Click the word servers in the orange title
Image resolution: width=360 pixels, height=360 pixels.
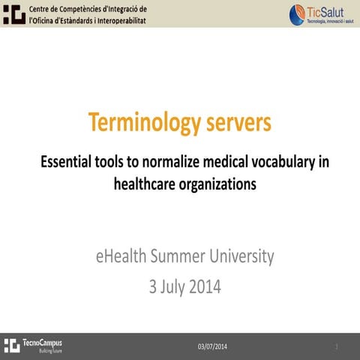coord(234,122)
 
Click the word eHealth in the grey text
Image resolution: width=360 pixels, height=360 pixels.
coord(121,256)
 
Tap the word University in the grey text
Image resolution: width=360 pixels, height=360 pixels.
coord(241,256)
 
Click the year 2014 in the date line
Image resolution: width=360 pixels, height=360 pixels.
coord(205,286)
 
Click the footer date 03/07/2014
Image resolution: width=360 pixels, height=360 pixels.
coord(212,346)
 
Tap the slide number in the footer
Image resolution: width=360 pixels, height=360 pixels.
coord(337,346)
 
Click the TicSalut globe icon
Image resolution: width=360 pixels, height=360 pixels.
coord(298,13)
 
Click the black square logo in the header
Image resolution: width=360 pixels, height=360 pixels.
coord(13,13)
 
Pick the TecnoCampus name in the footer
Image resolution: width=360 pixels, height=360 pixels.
coord(43,342)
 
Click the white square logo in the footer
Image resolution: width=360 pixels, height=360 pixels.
coord(11,345)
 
